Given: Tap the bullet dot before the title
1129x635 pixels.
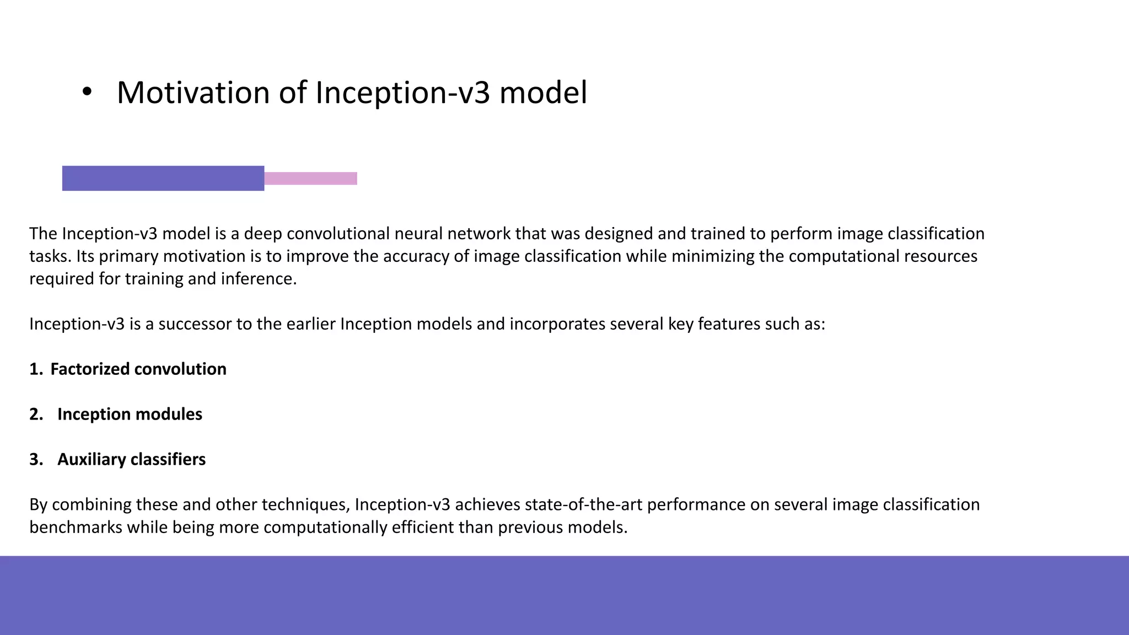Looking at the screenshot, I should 87,93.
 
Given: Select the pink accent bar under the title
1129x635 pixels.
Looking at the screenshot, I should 310,179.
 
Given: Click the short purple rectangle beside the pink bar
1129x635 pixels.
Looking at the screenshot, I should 163,179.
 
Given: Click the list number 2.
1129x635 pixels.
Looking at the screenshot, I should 36,415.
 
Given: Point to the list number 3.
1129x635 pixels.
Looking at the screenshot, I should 36,460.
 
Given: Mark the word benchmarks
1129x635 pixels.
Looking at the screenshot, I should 76,528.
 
